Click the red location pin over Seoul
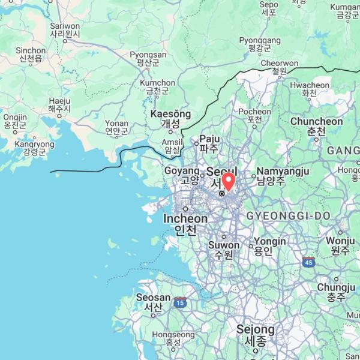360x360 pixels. coord(229,181)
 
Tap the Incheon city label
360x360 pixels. coord(185,224)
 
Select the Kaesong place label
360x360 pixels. coord(170,118)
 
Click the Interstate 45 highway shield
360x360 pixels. coord(308,262)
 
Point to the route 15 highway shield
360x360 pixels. coord(180,304)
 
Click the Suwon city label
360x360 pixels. coord(223,250)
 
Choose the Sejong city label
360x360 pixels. coord(255,335)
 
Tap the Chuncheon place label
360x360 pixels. coord(316,126)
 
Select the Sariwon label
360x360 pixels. coord(65,31)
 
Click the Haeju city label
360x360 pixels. coord(59,105)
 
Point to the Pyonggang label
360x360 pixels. coord(260,44)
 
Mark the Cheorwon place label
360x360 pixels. coord(279,67)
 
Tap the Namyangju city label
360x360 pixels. coord(283,176)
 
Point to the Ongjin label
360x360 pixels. coord(15,121)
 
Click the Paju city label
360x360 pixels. coord(209,143)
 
